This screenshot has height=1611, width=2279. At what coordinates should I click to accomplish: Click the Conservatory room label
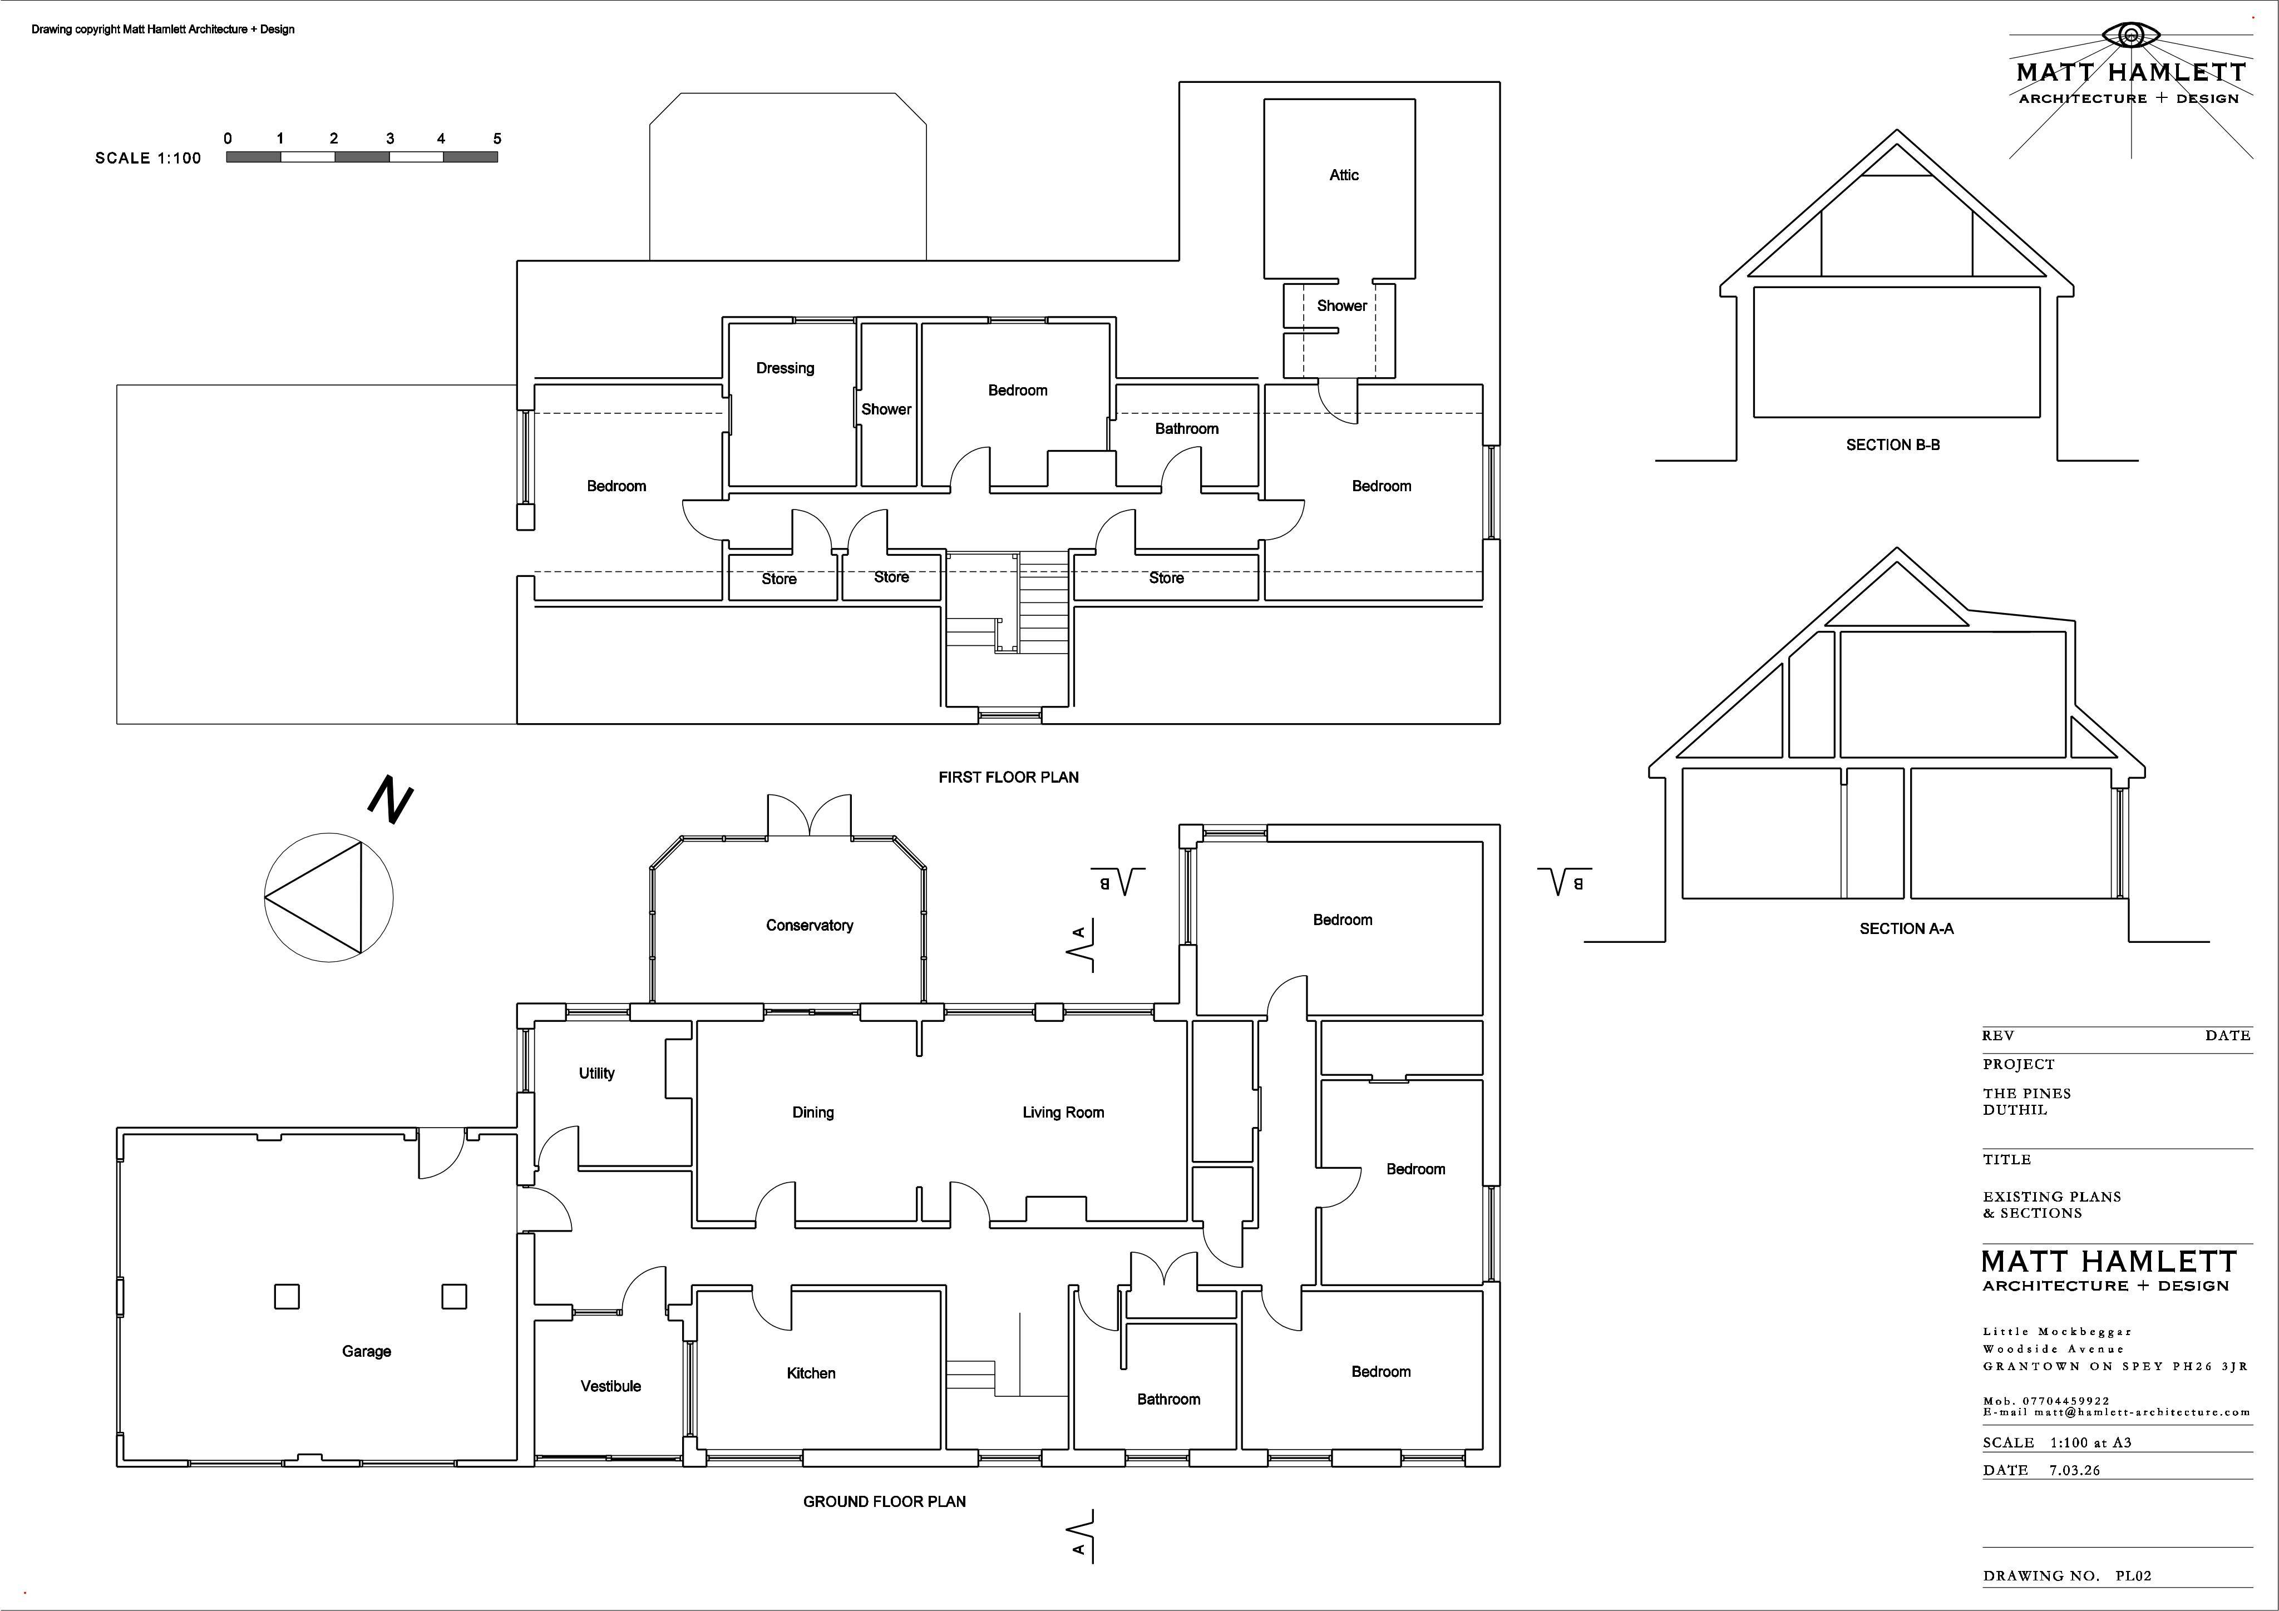point(809,925)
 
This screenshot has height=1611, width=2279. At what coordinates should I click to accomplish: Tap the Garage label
point(366,1351)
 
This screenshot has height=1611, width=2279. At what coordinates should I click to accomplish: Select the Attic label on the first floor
point(1344,175)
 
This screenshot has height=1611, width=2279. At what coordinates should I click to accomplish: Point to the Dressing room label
point(785,368)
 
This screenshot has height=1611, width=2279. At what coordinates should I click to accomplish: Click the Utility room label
point(596,1073)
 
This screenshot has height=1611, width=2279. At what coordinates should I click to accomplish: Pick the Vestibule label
point(610,1386)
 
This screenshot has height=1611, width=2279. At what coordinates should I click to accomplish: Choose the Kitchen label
point(811,1373)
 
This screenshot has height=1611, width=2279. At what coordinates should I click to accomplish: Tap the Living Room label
point(1063,1113)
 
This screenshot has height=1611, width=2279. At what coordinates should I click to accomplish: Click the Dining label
point(813,1113)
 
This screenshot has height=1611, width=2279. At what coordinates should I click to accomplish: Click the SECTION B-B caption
point(1893,444)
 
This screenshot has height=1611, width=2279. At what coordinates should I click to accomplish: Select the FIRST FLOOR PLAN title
point(1009,777)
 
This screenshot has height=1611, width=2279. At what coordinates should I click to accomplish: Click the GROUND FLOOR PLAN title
point(885,1502)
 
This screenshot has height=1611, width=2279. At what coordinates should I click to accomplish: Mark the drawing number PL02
point(2133,1575)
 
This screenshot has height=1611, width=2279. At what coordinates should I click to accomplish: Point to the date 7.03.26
point(2075,1470)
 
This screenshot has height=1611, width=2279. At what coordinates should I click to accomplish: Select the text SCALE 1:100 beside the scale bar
point(148,158)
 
